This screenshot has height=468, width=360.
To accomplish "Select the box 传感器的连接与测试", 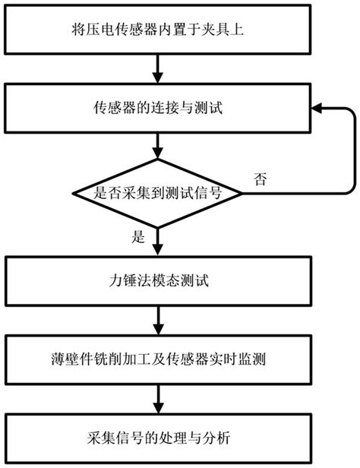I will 156,111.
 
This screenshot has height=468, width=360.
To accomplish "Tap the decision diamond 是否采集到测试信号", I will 156,193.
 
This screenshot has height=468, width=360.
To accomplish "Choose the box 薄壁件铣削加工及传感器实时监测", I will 156,356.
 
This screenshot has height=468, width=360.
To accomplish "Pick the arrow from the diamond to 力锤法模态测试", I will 156,242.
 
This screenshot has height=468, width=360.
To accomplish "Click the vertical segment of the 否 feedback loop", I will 352,152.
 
